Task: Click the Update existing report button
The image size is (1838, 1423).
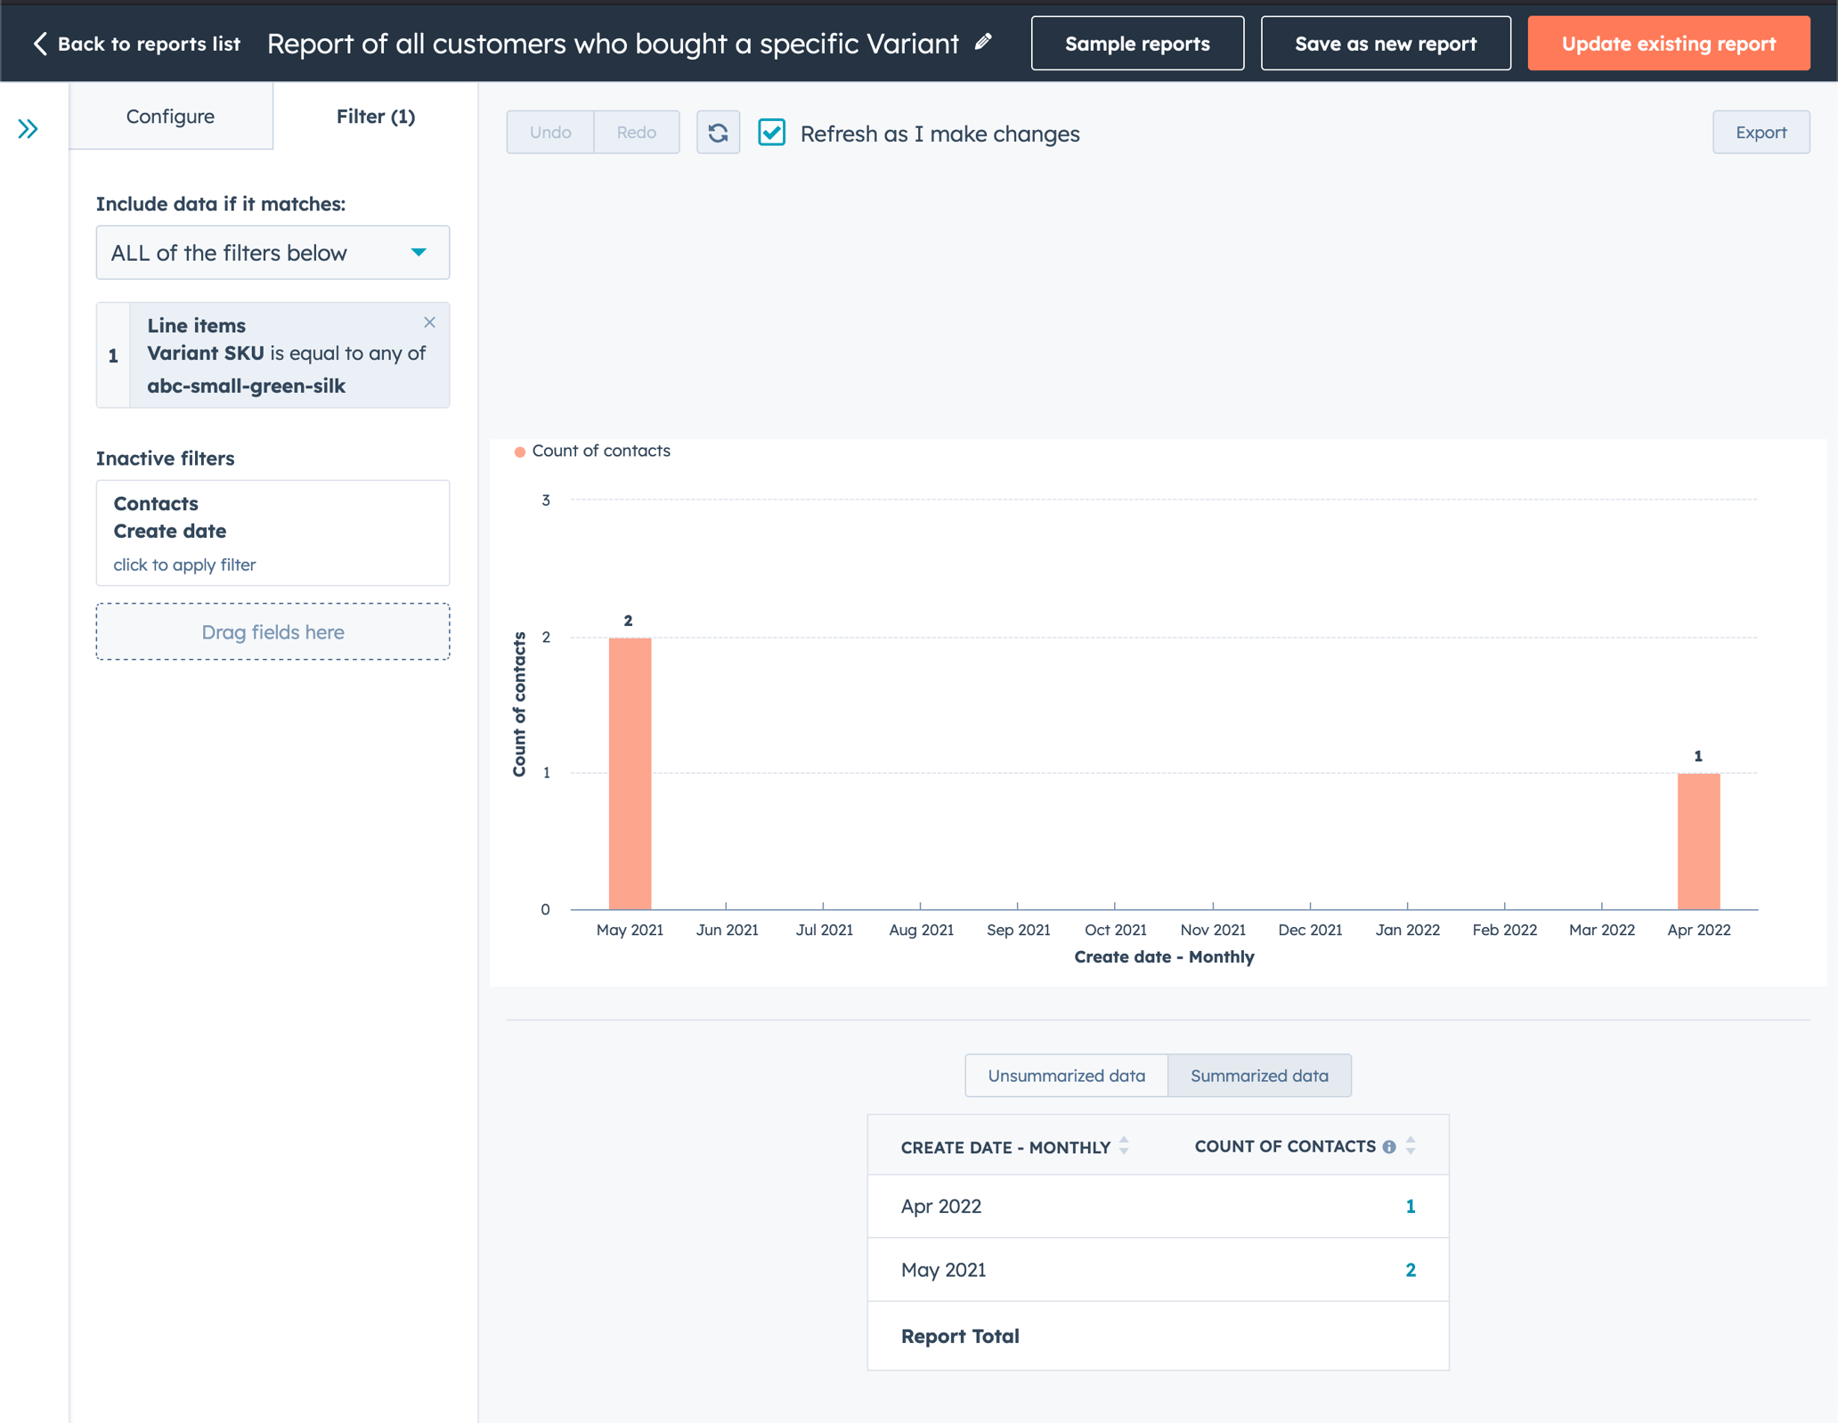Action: click(1668, 44)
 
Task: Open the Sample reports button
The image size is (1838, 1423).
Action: click(1136, 44)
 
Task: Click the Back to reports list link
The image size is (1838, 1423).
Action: click(137, 44)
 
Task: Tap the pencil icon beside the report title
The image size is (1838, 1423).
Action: click(983, 42)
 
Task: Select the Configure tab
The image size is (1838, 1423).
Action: click(170, 117)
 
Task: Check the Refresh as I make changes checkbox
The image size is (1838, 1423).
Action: click(771, 133)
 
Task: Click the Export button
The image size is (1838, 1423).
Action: click(1760, 133)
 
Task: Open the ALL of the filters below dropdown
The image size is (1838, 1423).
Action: click(272, 253)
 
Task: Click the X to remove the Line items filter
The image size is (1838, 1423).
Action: click(429, 322)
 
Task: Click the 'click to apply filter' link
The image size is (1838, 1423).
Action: click(184, 565)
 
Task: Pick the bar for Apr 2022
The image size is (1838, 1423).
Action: click(1698, 841)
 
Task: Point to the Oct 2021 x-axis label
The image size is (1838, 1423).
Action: click(1115, 930)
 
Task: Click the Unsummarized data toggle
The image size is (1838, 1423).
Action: click(1066, 1076)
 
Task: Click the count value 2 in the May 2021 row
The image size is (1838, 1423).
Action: click(1410, 1270)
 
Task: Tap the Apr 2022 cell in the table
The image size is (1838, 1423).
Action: click(941, 1207)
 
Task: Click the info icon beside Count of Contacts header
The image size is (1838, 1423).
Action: click(1388, 1147)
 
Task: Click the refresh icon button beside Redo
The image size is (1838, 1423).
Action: click(718, 133)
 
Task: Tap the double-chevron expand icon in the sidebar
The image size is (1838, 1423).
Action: click(28, 129)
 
